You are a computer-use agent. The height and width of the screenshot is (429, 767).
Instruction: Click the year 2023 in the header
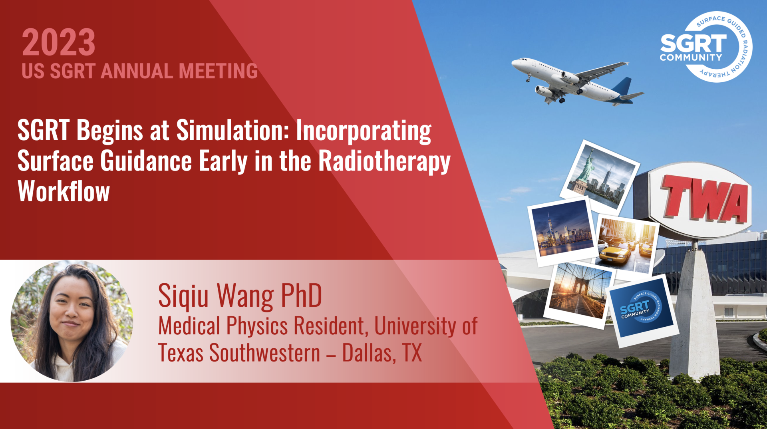(x=59, y=43)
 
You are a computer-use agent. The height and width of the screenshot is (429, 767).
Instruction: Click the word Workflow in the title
(x=64, y=191)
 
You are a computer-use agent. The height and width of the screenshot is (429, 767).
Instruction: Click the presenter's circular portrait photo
(x=72, y=321)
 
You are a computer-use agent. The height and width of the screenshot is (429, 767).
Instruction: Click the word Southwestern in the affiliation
(x=265, y=353)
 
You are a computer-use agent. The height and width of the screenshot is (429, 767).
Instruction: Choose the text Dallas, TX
(x=382, y=353)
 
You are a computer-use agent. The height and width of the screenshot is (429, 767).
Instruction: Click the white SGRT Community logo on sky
(x=706, y=47)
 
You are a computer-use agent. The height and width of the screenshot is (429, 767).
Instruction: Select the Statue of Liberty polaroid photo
(x=600, y=176)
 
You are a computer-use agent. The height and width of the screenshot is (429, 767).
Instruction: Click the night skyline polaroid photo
(x=563, y=231)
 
